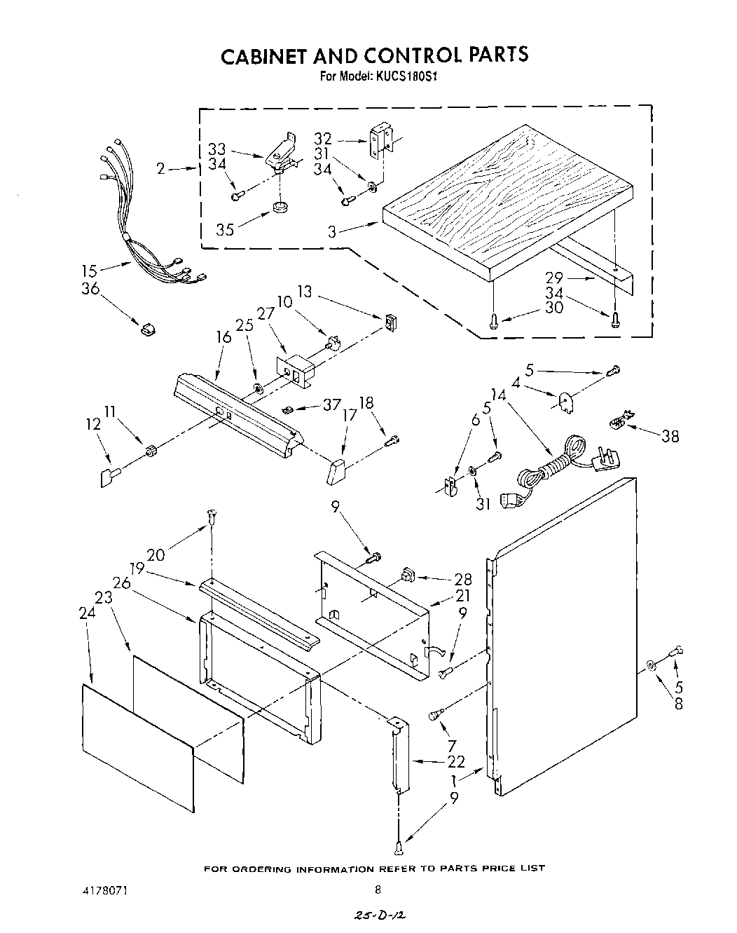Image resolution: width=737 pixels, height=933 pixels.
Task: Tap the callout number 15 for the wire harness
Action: pyautogui.click(x=90, y=270)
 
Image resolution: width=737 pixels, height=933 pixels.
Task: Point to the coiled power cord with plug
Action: pyautogui.click(x=553, y=466)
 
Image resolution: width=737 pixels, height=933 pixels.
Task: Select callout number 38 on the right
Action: pyautogui.click(x=670, y=435)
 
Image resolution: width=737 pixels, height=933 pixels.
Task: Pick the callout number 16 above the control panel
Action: pyautogui.click(x=223, y=337)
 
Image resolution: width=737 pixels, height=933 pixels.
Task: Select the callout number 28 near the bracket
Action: pyautogui.click(x=463, y=580)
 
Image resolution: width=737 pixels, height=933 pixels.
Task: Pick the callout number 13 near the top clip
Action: pyautogui.click(x=305, y=291)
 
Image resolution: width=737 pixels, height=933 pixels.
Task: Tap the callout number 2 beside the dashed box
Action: pyautogui.click(x=160, y=168)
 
